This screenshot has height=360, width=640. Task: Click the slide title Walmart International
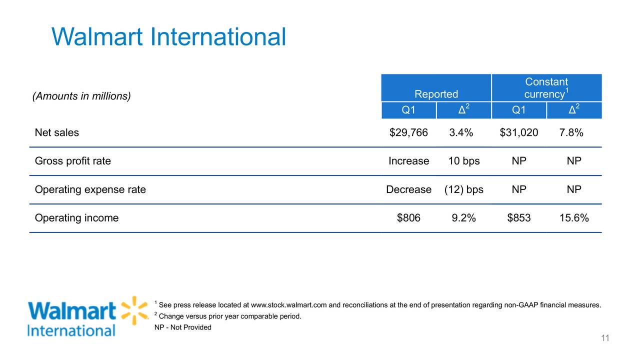tap(168, 37)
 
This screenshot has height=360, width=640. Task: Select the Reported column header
tap(436, 94)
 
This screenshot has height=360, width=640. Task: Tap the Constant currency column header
tap(546, 88)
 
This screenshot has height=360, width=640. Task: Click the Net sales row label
tap(56, 132)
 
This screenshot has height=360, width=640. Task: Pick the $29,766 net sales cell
tap(408, 132)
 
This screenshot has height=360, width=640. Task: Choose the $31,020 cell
tap(519, 132)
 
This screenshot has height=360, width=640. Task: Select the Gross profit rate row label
tap(72, 161)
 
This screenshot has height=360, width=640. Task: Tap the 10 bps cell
tap(463, 161)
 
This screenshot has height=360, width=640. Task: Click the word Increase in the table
tap(408, 161)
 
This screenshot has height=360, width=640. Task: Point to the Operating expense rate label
tap(90, 189)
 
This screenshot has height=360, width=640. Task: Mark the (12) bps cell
tap(463, 189)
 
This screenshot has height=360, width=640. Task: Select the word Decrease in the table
tap(408, 189)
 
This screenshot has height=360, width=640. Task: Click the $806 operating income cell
tap(408, 218)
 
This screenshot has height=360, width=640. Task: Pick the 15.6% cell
tap(573, 218)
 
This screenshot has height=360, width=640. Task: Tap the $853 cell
tap(519, 218)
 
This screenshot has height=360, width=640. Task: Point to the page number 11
tap(605, 339)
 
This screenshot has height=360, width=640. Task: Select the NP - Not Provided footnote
tap(183, 327)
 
